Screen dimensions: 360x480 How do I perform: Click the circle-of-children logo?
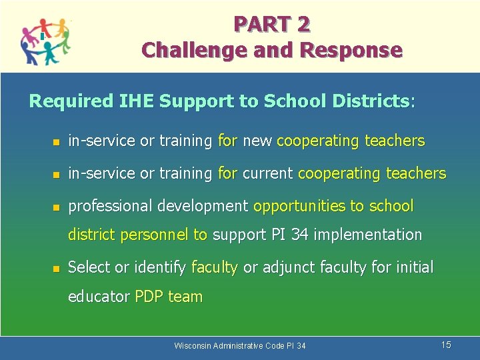pyautogui.click(x=45, y=40)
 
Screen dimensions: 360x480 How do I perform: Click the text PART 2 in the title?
pyautogui.click(x=271, y=25)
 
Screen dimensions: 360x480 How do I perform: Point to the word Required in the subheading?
pyautogui.click(x=72, y=101)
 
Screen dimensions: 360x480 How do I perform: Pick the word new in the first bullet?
pyautogui.click(x=257, y=141)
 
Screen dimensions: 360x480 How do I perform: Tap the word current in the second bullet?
pyautogui.click(x=267, y=173)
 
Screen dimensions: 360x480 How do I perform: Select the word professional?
pyautogui.click(x=111, y=207)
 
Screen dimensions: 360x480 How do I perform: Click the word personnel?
pyautogui.click(x=157, y=235)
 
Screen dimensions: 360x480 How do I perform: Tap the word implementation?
pyautogui.click(x=369, y=235)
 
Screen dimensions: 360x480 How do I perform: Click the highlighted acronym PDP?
pyautogui.click(x=149, y=297)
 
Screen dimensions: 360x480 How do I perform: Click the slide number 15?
pyautogui.click(x=446, y=345)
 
